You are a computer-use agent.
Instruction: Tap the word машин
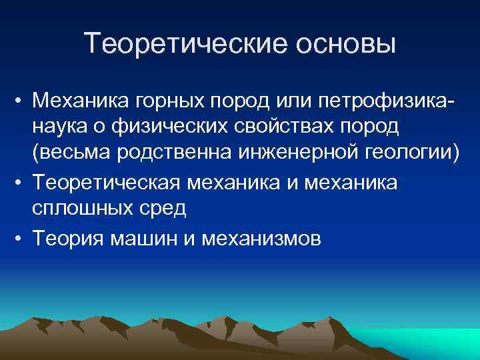pyautogui.click(x=143, y=238)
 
